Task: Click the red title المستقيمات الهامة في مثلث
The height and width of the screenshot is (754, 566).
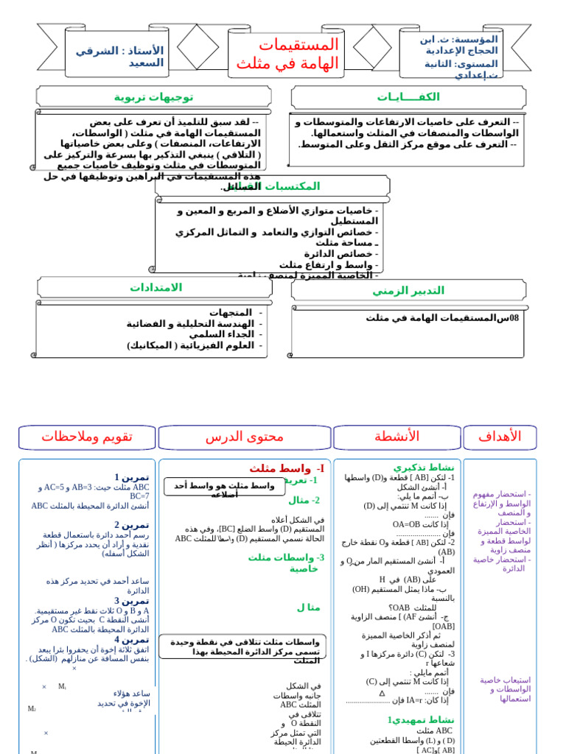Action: (287, 54)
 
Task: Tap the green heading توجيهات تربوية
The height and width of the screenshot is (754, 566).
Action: (153, 97)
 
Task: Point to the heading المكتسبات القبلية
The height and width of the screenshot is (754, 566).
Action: (272, 186)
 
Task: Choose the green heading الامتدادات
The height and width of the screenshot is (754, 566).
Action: (156, 287)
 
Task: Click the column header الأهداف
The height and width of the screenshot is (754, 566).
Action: (500, 437)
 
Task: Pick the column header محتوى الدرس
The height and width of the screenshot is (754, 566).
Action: (244, 437)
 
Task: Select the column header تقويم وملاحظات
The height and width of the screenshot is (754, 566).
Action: (87, 437)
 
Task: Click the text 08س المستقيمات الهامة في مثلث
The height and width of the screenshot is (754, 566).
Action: (442, 318)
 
